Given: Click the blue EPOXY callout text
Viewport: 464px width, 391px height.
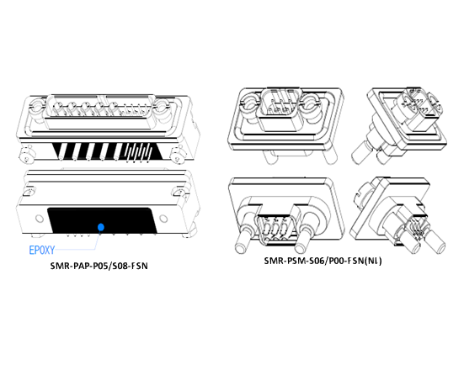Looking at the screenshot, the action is (x=42, y=250).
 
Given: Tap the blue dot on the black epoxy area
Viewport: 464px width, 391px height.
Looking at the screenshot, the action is (x=101, y=227).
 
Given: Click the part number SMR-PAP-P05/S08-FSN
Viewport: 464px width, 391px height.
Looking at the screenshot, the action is (x=99, y=266).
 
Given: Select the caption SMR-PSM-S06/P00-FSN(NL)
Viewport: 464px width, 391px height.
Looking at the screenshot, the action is (x=323, y=261).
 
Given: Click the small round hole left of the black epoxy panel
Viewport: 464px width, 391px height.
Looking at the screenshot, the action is (x=40, y=219).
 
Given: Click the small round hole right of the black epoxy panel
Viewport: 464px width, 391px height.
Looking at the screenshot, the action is (x=163, y=219).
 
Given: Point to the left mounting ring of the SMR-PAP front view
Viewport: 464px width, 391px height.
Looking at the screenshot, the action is (x=36, y=107).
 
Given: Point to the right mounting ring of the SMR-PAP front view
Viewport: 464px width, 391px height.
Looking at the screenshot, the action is (x=163, y=107).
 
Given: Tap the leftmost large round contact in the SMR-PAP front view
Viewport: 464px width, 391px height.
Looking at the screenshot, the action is (x=58, y=107).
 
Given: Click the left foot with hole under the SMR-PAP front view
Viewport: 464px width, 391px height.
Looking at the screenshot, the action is (x=27, y=156).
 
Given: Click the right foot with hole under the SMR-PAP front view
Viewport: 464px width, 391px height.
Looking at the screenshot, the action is (x=179, y=156).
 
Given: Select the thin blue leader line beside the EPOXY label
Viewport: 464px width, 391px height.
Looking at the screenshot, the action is (x=77, y=248).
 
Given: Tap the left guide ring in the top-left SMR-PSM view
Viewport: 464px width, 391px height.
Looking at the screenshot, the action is (x=251, y=104).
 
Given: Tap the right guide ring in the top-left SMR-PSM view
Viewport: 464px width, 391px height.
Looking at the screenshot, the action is (x=311, y=104).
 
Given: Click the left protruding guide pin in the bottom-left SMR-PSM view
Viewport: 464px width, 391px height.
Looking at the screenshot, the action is (x=245, y=240).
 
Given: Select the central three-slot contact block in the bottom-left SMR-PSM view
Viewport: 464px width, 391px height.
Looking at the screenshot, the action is (x=275, y=230).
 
